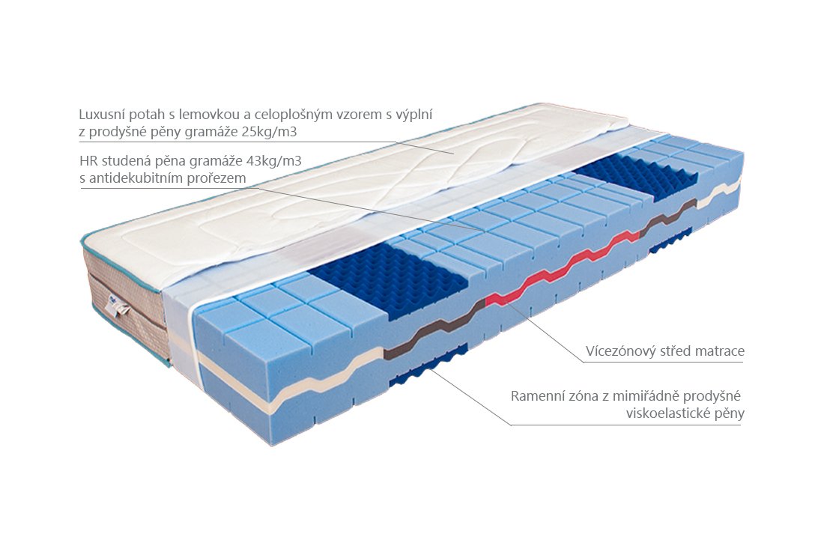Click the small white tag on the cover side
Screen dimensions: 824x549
point(119,306)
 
